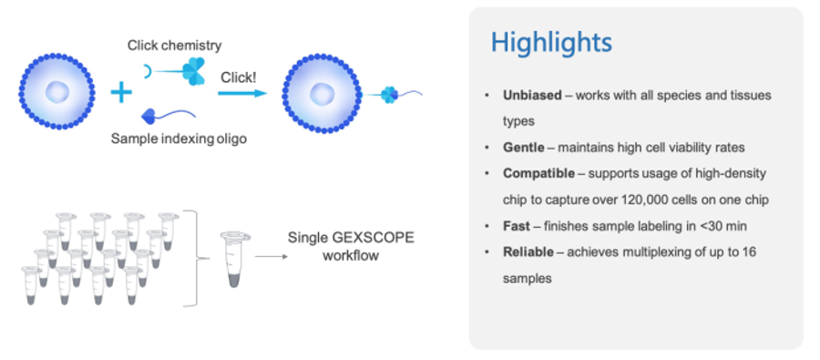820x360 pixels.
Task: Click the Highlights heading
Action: point(550,43)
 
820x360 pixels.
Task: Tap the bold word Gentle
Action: point(523,147)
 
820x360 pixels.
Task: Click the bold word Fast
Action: point(516,226)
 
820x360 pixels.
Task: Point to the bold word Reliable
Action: point(528,252)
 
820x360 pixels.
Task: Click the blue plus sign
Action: point(120,91)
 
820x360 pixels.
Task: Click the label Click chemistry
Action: point(174,45)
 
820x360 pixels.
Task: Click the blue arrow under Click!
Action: point(241,92)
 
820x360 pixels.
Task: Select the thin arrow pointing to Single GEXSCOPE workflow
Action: point(267,256)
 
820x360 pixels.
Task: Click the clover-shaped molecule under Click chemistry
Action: point(194,71)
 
